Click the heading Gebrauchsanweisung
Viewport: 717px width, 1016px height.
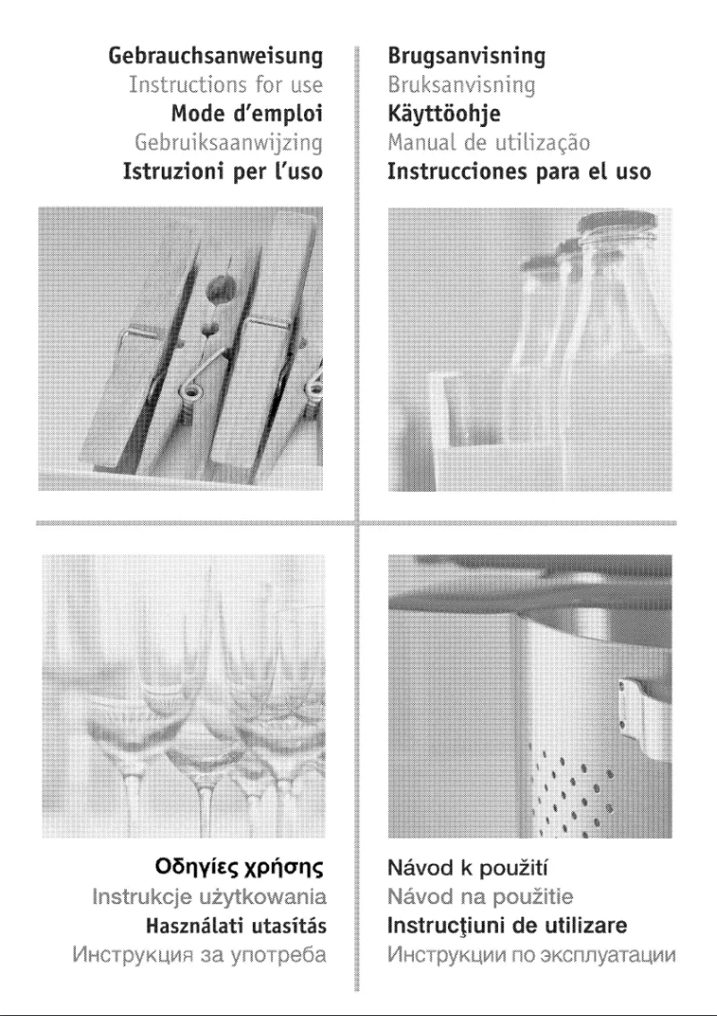pos(215,57)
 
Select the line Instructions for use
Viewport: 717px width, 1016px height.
pos(225,86)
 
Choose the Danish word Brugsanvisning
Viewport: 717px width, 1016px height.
pos(466,57)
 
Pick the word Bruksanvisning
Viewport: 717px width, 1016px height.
pos(461,86)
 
